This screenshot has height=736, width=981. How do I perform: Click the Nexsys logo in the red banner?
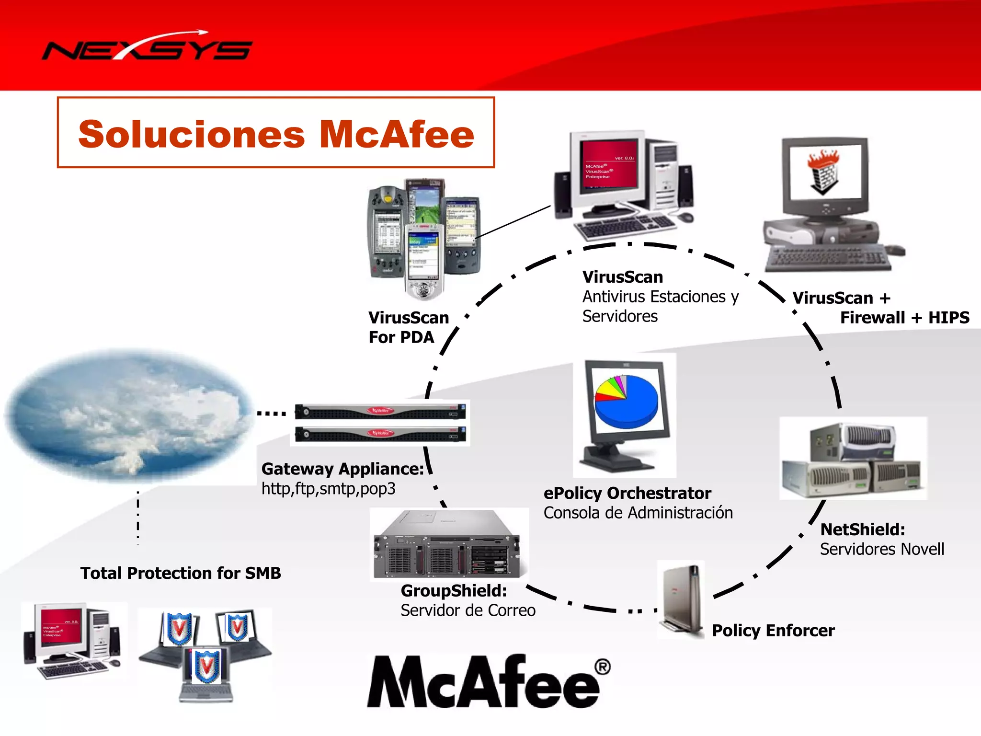click(x=147, y=48)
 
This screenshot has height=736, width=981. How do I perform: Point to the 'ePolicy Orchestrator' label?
click(x=627, y=493)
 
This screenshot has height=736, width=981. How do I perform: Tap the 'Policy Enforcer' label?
click(x=773, y=631)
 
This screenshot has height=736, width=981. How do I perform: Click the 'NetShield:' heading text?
click(x=863, y=529)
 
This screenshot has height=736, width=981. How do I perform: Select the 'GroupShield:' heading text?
click(x=454, y=591)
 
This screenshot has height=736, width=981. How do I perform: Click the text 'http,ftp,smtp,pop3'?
click(x=329, y=489)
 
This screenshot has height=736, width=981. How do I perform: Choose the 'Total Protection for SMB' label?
click(x=181, y=573)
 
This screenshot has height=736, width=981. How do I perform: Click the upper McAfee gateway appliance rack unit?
click(x=381, y=411)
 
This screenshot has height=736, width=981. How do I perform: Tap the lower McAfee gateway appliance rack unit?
click(x=381, y=434)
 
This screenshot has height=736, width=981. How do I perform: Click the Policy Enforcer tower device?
click(x=681, y=599)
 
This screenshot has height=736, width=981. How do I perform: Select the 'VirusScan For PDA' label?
click(x=408, y=327)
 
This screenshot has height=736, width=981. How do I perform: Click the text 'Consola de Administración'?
click(x=638, y=513)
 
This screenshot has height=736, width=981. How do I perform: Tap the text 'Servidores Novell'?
click(x=882, y=549)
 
